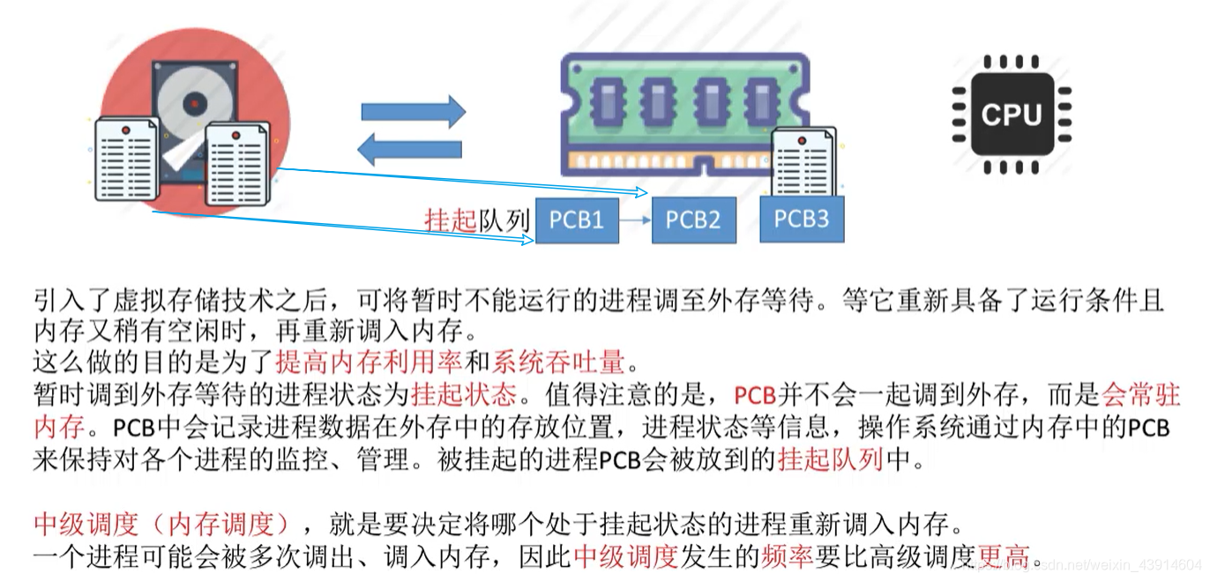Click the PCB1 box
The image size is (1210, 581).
[577, 219]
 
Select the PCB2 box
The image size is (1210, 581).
[693, 219]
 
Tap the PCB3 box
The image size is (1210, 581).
[801, 219]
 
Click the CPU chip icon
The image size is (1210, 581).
[1011, 115]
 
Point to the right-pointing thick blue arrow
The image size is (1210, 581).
[413, 112]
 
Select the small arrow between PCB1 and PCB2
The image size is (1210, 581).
[634, 220]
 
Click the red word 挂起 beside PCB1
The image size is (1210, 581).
[451, 220]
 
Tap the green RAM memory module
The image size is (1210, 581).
[685, 110]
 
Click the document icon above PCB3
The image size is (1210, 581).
[803, 160]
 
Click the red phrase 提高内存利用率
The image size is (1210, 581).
[369, 361]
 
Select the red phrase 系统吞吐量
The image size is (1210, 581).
[558, 361]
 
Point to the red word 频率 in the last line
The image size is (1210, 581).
[784, 556]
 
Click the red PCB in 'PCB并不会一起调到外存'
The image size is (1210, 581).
[754, 394]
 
